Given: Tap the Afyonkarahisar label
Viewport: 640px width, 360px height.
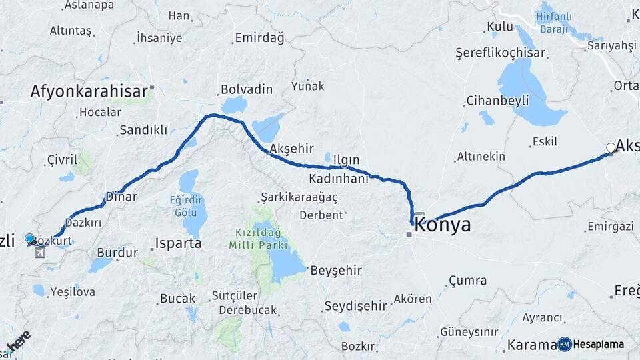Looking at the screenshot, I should click(89, 91).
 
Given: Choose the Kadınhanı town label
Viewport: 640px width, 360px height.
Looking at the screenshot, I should click(338, 179).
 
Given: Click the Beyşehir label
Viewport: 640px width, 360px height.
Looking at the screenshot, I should click(336, 270).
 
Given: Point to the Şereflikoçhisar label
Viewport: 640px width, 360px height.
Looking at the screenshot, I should click(500, 53).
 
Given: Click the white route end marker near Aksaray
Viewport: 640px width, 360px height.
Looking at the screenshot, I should click(611, 148).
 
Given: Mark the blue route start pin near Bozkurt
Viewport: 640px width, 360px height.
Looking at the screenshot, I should click(30, 238).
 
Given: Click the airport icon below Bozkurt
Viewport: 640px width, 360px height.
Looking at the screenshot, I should click(39, 253).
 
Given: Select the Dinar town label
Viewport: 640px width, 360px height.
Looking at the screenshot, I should click(121, 197).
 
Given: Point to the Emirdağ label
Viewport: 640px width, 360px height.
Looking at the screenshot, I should click(259, 38).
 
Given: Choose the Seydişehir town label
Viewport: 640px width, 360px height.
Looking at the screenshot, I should click(355, 306).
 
